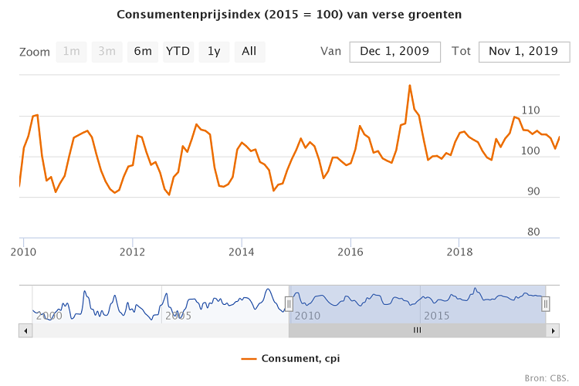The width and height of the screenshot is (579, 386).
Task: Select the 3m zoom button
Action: (x=107, y=52)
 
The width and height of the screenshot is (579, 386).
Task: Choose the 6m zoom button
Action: (x=143, y=52)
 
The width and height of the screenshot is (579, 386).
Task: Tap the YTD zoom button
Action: (x=178, y=52)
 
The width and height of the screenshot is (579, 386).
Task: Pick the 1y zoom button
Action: (x=214, y=52)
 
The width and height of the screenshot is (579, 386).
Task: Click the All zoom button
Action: (x=249, y=52)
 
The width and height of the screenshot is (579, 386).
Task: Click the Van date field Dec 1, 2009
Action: (x=394, y=52)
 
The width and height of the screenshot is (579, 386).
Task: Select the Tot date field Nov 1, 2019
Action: (x=523, y=52)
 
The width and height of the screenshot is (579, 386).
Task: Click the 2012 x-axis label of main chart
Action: (x=133, y=252)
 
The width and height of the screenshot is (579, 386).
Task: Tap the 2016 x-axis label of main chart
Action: (x=350, y=252)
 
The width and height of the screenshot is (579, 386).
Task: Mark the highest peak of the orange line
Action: (x=409, y=85)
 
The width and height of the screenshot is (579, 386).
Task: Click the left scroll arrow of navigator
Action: (x=25, y=330)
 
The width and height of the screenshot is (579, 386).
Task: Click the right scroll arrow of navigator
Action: (x=552, y=330)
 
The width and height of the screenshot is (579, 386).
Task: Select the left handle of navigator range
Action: (x=289, y=304)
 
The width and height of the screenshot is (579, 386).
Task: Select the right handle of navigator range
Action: (x=546, y=304)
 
